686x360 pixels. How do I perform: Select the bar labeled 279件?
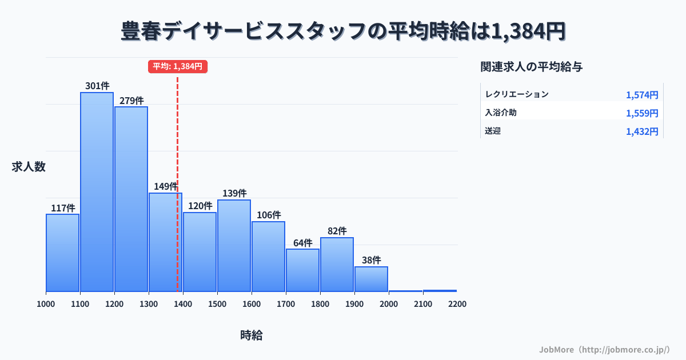coord(131,199)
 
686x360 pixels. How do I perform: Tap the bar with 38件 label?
coord(371,279)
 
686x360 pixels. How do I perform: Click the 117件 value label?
coord(63,208)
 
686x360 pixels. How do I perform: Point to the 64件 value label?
coord(303,243)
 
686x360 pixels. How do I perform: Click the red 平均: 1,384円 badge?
coord(177,66)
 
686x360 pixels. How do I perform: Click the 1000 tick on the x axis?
coord(46,304)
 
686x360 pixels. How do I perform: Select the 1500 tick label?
coord(217,304)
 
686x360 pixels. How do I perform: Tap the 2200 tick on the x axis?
coord(457,304)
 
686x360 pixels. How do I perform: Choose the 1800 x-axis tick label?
coord(320,304)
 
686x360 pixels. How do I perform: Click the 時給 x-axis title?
coord(252,335)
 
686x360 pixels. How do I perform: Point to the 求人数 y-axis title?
coord(29,167)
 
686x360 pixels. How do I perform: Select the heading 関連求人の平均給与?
coord(532,67)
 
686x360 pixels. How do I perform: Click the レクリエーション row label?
coord(517,94)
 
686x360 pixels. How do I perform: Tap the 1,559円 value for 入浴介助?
coord(642,113)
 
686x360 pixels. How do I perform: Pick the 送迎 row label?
coord(493,131)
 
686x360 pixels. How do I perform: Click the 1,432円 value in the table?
coord(642,131)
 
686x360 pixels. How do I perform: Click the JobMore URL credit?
coord(604,349)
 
